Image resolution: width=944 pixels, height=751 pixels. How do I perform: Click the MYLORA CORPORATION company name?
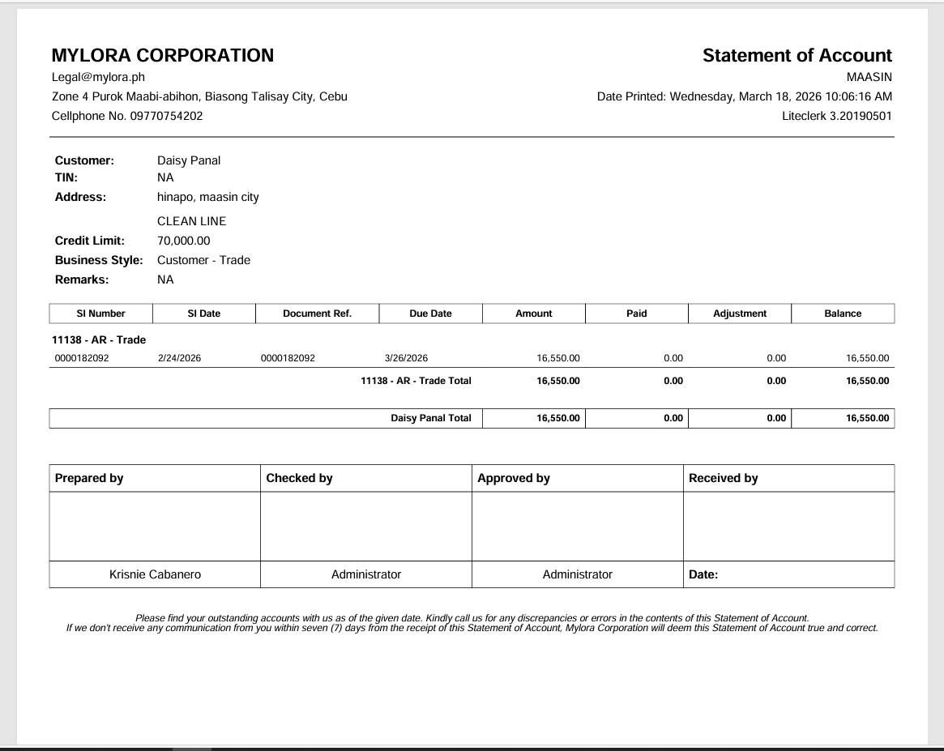[162, 55]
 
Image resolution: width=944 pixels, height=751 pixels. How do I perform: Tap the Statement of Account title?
[797, 55]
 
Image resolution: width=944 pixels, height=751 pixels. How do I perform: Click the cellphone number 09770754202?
[166, 116]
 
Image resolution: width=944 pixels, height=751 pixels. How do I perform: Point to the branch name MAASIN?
[869, 77]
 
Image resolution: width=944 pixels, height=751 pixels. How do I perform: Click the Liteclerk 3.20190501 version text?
[836, 116]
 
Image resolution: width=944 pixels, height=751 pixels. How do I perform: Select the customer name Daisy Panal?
[189, 160]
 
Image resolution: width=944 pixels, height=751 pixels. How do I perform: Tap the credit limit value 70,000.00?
[183, 241]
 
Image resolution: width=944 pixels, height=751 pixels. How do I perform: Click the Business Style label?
[99, 260]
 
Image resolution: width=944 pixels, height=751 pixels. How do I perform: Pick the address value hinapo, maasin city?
[208, 197]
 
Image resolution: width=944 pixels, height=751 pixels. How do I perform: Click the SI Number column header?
[101, 314]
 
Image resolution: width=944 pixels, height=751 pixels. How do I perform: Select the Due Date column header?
[430, 314]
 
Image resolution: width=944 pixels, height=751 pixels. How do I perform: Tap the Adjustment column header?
[740, 314]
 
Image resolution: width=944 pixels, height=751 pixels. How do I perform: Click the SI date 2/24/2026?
[179, 358]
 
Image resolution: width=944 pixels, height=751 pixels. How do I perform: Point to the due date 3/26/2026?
[406, 358]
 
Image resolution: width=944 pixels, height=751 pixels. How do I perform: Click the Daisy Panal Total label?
[430, 418]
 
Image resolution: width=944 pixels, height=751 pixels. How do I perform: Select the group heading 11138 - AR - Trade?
[99, 339]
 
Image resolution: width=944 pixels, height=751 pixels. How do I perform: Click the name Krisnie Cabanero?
[155, 574]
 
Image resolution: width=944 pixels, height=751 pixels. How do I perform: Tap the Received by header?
[723, 478]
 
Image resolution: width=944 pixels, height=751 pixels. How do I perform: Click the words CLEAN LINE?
[191, 221]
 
